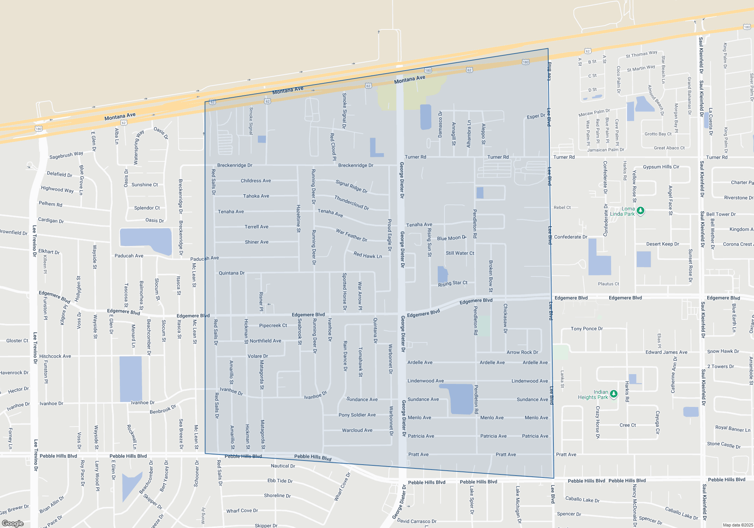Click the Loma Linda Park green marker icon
click(640, 211)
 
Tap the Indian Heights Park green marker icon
click(614, 394)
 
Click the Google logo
click(12, 523)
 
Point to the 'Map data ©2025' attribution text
click(737, 525)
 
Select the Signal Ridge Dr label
click(351, 186)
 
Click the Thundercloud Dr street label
click(351, 203)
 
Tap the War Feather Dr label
click(351, 235)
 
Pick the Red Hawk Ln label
click(368, 255)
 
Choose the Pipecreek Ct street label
click(273, 325)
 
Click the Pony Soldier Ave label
click(357, 415)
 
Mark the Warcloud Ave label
click(357, 430)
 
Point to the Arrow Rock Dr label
click(522, 352)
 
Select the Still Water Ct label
click(460, 253)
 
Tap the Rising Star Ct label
click(452, 283)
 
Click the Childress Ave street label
click(256, 181)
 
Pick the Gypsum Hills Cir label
click(661, 167)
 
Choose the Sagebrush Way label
click(66, 155)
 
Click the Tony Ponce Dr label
click(587, 328)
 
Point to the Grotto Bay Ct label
click(658, 134)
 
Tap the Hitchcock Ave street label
click(55, 356)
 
